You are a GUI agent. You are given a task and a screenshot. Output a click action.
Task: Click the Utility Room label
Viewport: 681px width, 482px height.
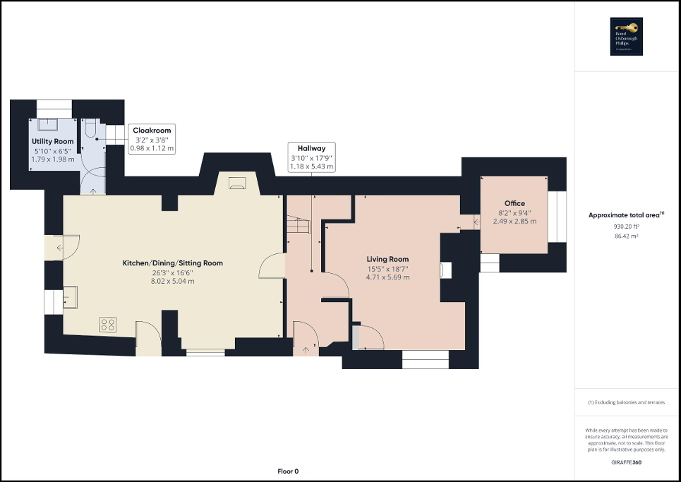coord(52,142)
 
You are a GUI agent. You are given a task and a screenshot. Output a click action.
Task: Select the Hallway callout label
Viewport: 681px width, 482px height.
coord(311,148)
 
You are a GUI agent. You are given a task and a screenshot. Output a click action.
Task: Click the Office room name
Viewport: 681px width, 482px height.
coord(514,203)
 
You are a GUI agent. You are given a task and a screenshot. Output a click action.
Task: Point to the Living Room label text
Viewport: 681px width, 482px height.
coord(387,259)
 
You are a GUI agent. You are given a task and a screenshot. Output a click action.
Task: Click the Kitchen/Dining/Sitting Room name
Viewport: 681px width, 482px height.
coord(173,263)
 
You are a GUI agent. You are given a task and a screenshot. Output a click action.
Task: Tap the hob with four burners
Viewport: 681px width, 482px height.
coord(109,325)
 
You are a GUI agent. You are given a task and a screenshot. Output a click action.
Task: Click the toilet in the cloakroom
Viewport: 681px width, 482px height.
coord(90,130)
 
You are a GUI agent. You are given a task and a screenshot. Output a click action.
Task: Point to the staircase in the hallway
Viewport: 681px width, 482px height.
coord(299,226)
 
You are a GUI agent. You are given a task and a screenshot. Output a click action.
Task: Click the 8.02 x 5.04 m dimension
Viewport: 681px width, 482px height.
coord(173,281)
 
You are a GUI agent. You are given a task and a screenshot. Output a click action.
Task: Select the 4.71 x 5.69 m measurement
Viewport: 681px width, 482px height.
coord(387,277)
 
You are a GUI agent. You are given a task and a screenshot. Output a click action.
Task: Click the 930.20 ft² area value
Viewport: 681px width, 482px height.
coord(627,227)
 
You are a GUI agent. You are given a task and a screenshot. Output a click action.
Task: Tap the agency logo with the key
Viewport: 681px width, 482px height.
coord(627,36)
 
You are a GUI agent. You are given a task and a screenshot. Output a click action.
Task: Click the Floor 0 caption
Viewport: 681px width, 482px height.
coord(288,471)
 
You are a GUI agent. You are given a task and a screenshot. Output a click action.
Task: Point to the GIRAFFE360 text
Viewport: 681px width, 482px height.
coord(627,461)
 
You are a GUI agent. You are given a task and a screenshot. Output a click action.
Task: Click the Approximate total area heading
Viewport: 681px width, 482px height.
coord(627,215)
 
